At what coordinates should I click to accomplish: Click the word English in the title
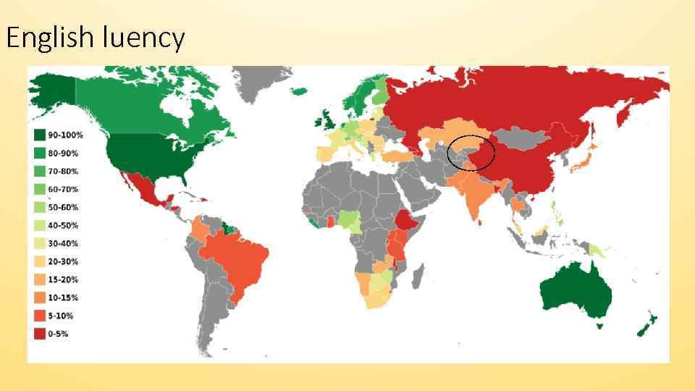pyautogui.click(x=49, y=37)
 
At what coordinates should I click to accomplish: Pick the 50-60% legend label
pyautogui.click(x=64, y=207)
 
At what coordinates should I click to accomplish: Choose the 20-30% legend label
pyautogui.click(x=64, y=261)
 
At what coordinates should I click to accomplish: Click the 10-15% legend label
pyautogui.click(x=64, y=298)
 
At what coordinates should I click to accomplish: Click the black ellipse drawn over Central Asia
pyautogui.click(x=471, y=153)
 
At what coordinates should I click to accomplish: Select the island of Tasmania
pyautogui.click(x=598, y=325)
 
